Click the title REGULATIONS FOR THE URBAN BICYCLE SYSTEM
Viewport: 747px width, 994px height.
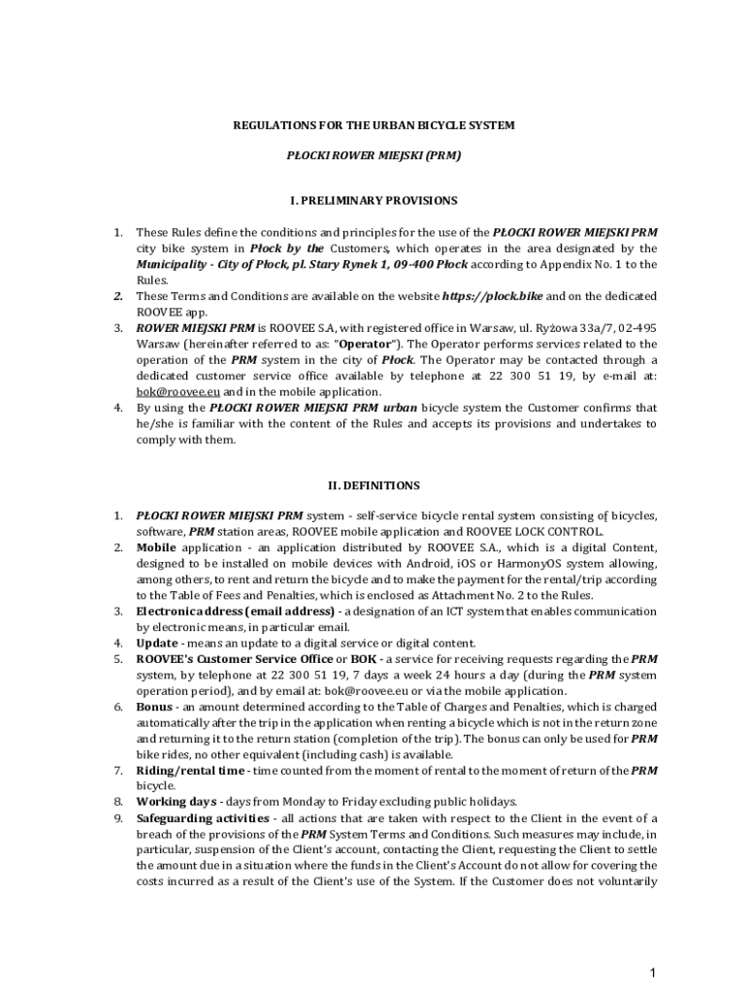373,125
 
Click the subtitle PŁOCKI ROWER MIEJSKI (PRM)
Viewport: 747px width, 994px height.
373,155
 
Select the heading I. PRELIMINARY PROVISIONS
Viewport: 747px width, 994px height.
373,201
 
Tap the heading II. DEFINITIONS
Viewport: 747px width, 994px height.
373,485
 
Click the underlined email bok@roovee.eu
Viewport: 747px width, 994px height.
172,391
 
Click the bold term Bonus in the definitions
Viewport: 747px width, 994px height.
155,707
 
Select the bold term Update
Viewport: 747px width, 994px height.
156,643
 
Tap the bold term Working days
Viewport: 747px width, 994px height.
177,802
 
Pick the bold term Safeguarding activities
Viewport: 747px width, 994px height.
203,818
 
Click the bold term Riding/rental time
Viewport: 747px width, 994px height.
190,771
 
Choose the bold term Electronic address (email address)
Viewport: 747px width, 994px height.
236,612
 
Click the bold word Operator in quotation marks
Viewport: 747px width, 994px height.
364,344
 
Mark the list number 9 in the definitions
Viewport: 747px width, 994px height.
117,818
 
